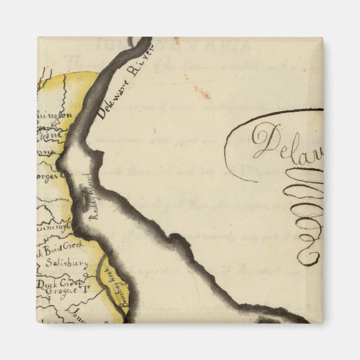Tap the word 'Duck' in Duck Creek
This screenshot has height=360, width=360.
[x=48, y=285]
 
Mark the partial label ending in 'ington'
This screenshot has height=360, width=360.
[x=51, y=117]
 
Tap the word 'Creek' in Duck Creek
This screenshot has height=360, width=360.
[x=72, y=283]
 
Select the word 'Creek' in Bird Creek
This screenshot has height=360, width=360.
[x=75, y=245]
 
